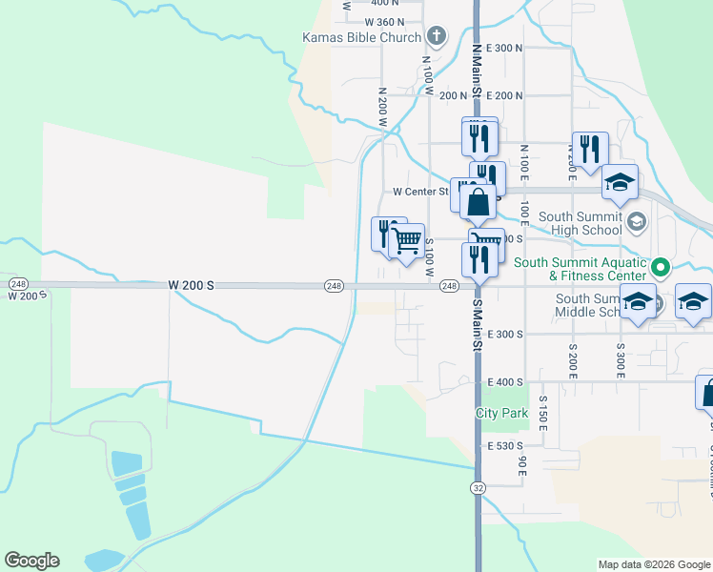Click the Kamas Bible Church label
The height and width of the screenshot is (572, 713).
[361, 38]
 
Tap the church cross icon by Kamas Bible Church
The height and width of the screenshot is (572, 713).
[437, 37]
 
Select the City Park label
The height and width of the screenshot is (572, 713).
[501, 414]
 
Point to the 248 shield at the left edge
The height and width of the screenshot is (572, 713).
[17, 284]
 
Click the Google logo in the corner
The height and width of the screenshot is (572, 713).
[31, 560]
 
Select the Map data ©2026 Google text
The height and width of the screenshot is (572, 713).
[654, 564]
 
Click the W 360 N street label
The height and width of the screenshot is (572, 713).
[384, 21]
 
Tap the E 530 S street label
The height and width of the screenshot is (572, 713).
[505, 446]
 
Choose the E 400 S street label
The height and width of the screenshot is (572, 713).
[505, 381]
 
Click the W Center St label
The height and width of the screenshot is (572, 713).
[420, 192]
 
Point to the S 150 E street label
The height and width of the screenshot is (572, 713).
[542, 413]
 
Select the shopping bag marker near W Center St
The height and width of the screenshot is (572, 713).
[479, 201]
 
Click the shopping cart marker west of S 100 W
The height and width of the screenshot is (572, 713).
[407, 240]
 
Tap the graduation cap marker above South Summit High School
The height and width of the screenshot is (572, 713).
[620, 182]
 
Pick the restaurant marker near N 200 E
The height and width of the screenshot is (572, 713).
[590, 149]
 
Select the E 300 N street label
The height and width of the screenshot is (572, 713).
[505, 48]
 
